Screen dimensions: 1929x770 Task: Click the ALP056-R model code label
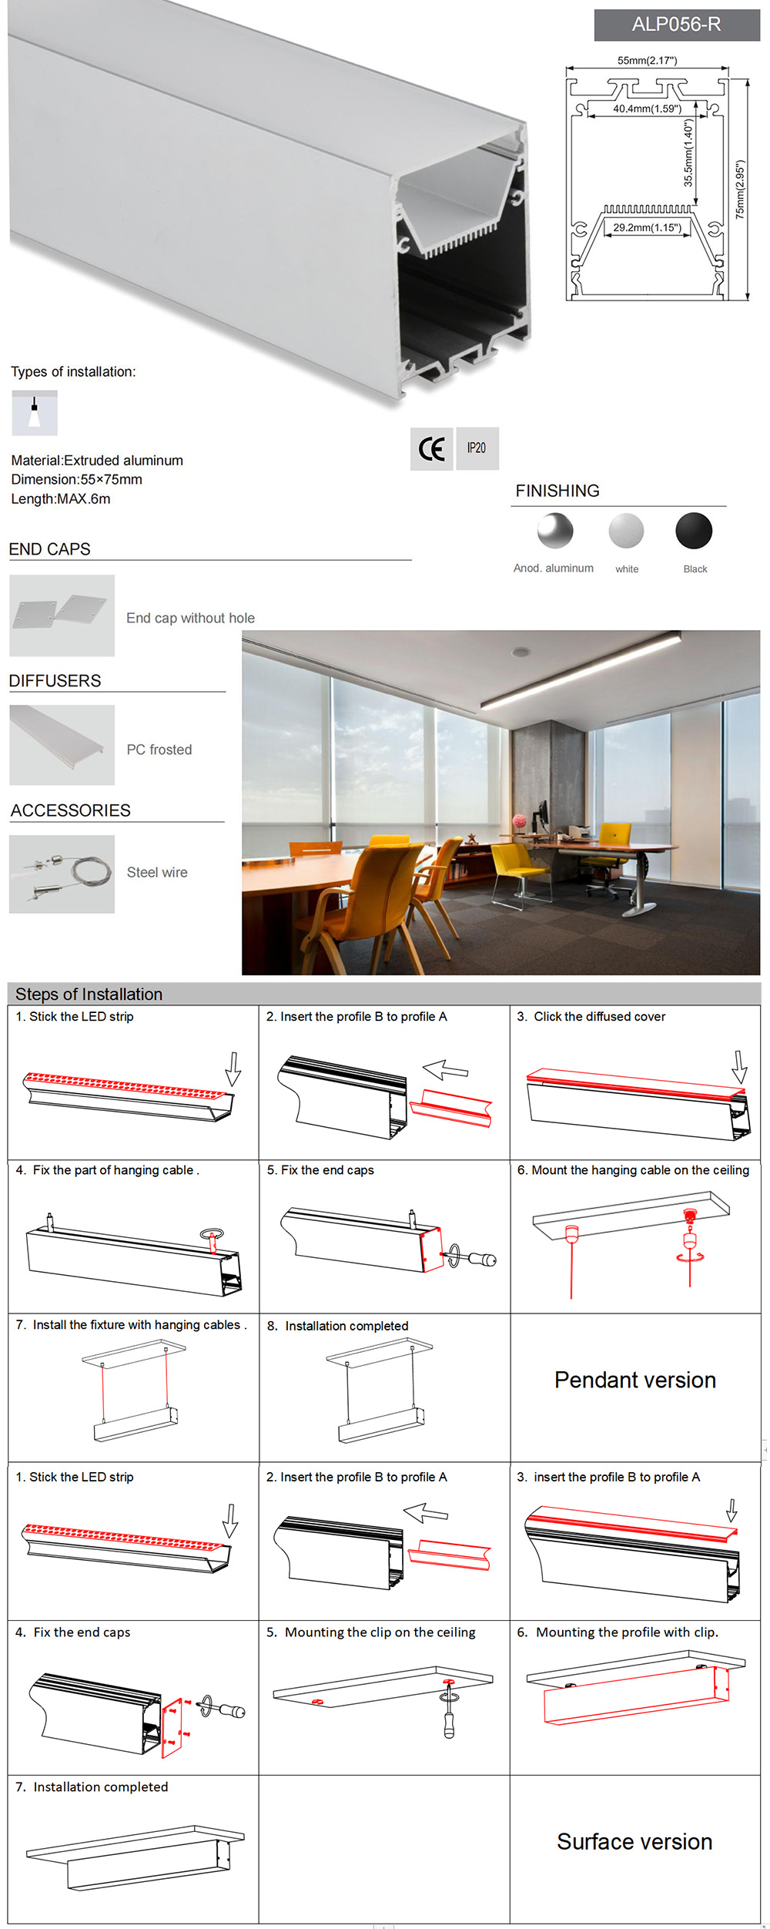coord(676,25)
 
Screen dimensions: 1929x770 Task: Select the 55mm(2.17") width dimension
coord(647,60)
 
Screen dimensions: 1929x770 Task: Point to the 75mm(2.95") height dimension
coord(740,190)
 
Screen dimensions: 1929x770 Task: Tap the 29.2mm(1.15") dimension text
coord(647,227)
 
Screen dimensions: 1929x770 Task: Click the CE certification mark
coord(431,448)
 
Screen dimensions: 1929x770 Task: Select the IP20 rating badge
coord(477,448)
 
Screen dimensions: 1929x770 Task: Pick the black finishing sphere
coord(694,531)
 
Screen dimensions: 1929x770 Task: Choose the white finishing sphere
coord(626,531)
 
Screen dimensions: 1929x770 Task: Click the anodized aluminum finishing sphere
coord(555,531)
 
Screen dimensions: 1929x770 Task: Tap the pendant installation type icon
coord(35,413)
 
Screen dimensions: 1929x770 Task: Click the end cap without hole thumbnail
coord(62,616)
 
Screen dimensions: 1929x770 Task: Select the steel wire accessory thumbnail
coord(62,874)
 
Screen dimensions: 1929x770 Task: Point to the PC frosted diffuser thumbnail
coord(62,745)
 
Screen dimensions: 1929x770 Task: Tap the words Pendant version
coord(635,1380)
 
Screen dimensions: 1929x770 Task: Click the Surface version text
coord(634,1841)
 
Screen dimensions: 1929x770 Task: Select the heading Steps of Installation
coord(89,994)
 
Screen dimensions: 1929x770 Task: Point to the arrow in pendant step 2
coord(446,1070)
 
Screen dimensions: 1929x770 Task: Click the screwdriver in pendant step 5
coord(476,1260)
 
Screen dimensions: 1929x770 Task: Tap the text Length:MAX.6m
coord(61,498)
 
